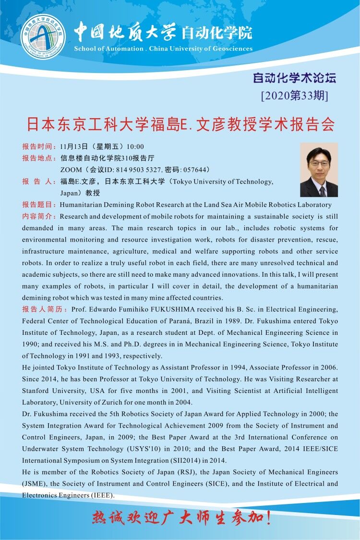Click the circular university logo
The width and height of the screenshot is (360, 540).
point(42,36)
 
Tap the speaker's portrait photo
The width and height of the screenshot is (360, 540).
point(319,170)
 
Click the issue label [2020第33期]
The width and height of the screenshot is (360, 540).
point(295,96)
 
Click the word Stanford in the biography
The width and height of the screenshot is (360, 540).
point(37,391)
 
